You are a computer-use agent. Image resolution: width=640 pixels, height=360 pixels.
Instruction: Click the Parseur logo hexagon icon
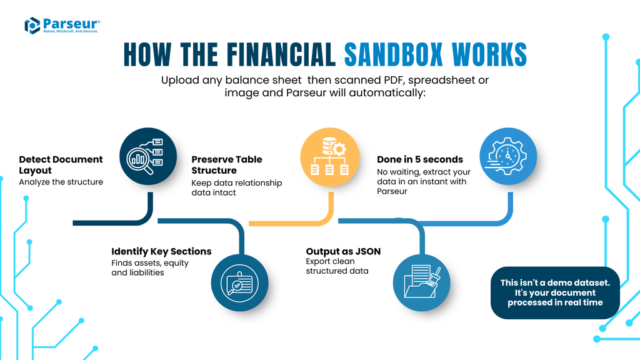coord(32,26)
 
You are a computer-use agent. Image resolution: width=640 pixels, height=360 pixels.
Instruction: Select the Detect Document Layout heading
coord(61,164)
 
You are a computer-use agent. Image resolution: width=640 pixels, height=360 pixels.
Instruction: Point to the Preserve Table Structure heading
coord(226,164)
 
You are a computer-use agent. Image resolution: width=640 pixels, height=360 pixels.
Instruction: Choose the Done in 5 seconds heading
coord(419,159)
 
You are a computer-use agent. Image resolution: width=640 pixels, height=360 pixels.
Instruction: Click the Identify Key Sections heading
coord(161,251)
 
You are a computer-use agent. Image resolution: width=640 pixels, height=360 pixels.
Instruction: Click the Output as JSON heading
coord(343,251)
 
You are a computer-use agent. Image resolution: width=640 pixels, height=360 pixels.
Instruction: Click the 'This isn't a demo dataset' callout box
coord(555,292)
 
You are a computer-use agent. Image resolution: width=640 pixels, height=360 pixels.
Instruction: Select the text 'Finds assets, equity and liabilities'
coord(150,267)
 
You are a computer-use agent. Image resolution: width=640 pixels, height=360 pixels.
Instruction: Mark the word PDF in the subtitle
coord(391,81)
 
